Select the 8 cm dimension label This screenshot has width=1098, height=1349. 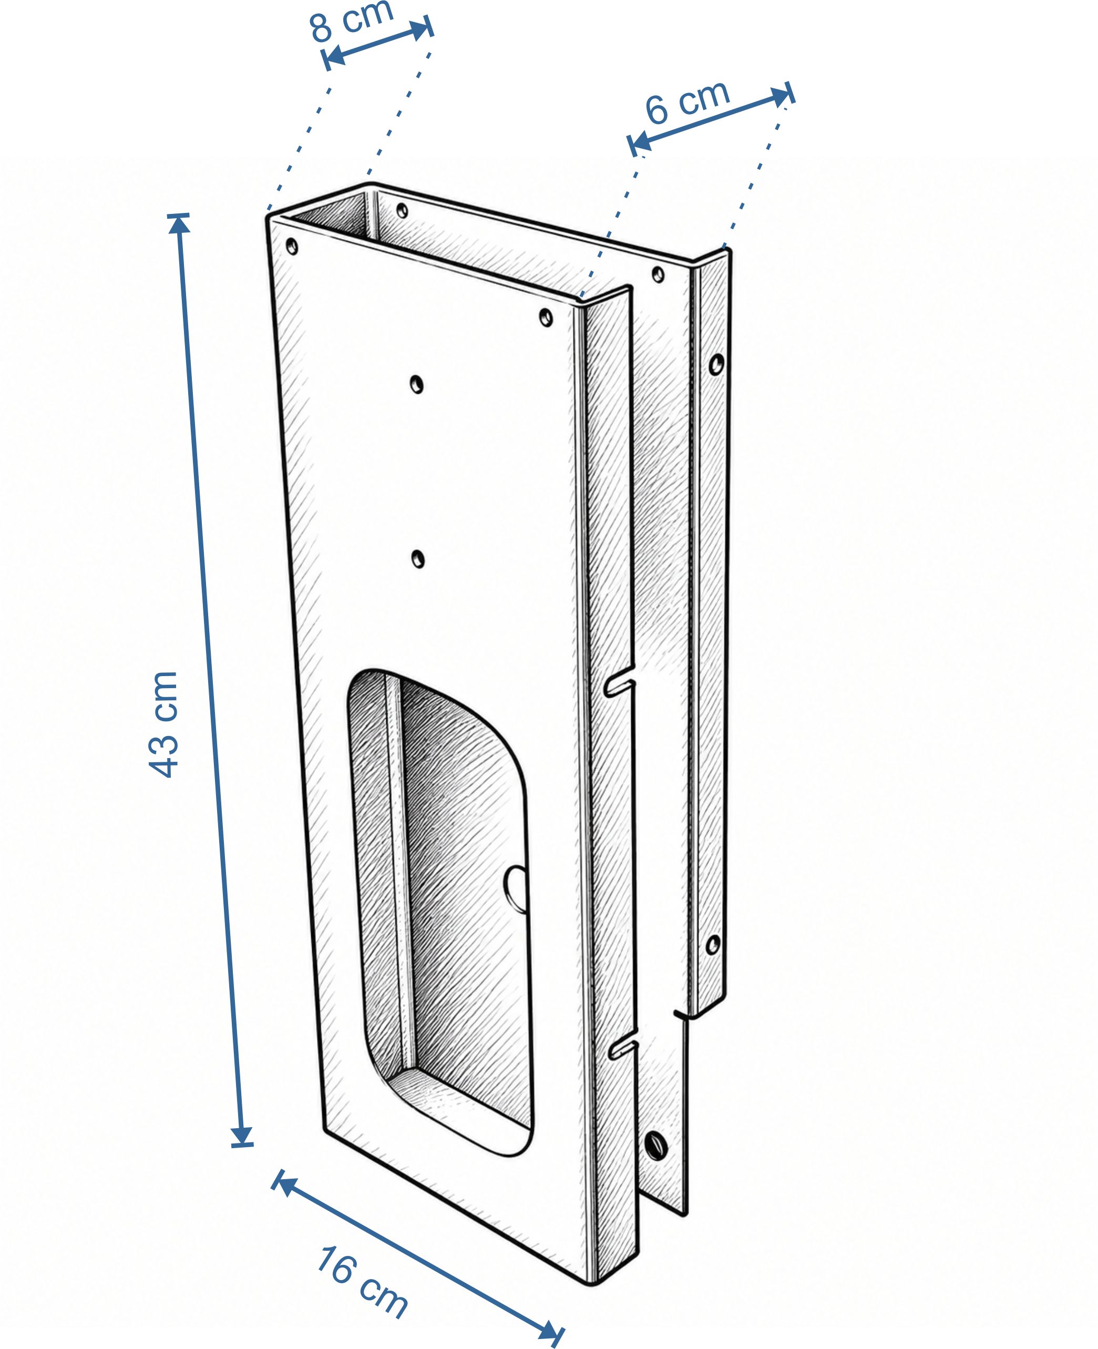pyautogui.click(x=352, y=20)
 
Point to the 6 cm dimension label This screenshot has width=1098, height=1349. pyautogui.click(x=687, y=103)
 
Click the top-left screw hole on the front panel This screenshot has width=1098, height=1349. pyautogui.click(x=292, y=247)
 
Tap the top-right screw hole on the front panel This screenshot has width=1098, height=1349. pyautogui.click(x=546, y=317)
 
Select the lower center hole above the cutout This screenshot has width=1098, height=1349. pyautogui.click(x=417, y=559)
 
